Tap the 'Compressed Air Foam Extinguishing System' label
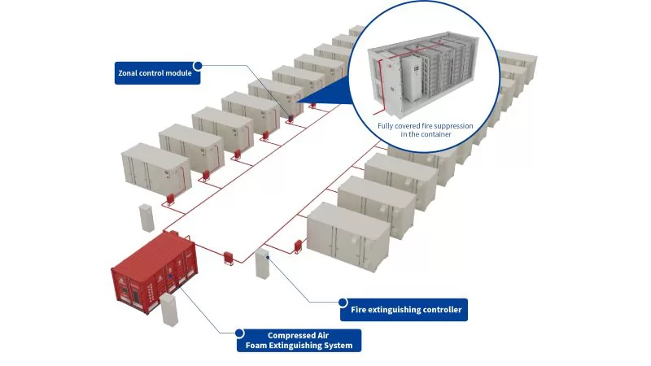[x=300, y=340]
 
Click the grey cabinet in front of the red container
[x=169, y=310]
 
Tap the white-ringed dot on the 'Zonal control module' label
[x=198, y=65]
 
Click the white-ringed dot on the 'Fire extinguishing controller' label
[x=343, y=301]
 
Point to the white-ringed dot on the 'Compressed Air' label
[x=239, y=333]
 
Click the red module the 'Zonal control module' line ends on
[x=289, y=118]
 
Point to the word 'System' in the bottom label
[x=338, y=346]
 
